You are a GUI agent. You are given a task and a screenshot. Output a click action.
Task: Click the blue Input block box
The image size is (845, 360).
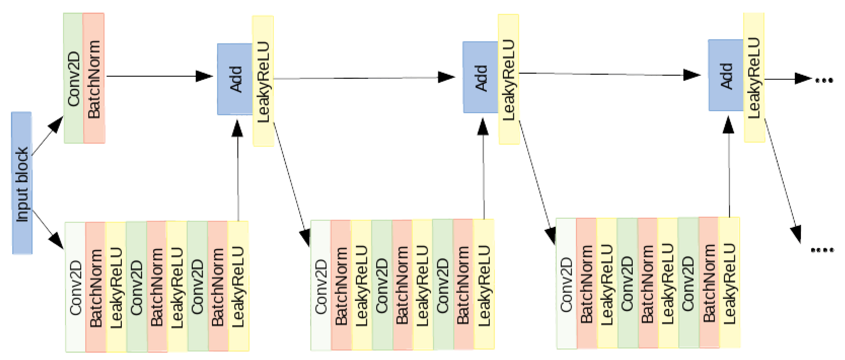pyautogui.click(x=22, y=183)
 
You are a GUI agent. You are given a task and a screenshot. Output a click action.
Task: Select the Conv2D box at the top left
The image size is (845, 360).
pyautogui.click(x=73, y=78)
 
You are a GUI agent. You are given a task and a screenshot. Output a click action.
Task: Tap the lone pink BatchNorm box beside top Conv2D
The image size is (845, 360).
pyautogui.click(x=94, y=78)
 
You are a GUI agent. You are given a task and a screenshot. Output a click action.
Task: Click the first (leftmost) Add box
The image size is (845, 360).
pyautogui.click(x=235, y=79)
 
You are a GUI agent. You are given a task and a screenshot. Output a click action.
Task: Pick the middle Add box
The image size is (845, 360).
pyautogui.click(x=481, y=78)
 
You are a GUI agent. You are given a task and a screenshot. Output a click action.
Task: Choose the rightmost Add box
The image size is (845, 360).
pyautogui.click(x=726, y=76)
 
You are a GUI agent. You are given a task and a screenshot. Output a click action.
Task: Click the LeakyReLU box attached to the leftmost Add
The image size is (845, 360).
pyautogui.click(x=263, y=81)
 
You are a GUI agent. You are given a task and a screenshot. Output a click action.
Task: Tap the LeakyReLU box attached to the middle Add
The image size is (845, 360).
pyautogui.click(x=509, y=79)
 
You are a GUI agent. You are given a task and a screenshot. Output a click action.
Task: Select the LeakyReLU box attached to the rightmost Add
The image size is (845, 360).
pyautogui.click(x=754, y=78)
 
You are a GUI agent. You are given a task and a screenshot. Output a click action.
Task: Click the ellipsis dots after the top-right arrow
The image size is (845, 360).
pyautogui.click(x=824, y=80)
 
